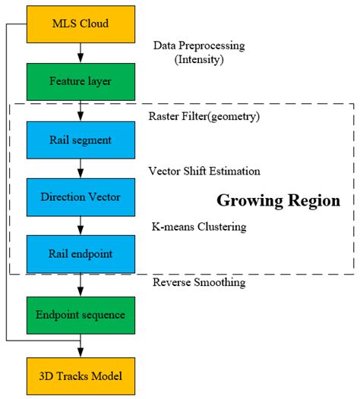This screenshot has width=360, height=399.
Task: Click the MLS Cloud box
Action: [81, 24]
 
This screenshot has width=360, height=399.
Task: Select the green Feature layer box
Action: [81, 82]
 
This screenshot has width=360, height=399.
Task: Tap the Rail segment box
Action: [81, 140]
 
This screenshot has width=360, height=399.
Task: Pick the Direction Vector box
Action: [81, 197]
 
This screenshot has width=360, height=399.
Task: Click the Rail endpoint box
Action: [81, 254]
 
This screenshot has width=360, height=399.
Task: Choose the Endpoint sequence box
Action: [81, 316]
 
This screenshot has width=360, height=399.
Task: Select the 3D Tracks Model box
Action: [81, 376]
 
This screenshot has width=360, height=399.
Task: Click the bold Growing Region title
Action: [279, 201]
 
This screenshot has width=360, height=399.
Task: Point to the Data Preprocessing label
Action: [199, 46]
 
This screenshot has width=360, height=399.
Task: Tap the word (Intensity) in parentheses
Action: [199, 59]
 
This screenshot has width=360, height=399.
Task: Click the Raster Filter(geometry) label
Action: [204, 117]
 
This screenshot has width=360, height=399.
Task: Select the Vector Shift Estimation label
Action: [204, 171]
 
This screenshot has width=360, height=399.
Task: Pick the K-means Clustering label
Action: [199, 227]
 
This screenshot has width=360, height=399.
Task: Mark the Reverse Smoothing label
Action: [199, 282]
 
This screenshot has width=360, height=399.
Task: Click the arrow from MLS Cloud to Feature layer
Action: [81, 53]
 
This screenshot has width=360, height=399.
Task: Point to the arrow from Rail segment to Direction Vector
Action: [81, 168]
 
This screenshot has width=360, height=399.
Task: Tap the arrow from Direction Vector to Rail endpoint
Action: [81, 226]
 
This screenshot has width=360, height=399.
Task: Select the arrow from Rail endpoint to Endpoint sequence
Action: [81, 284]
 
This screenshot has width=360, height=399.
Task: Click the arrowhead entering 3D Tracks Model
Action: [81, 353]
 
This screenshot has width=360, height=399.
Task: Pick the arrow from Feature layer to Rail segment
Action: [81, 111]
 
